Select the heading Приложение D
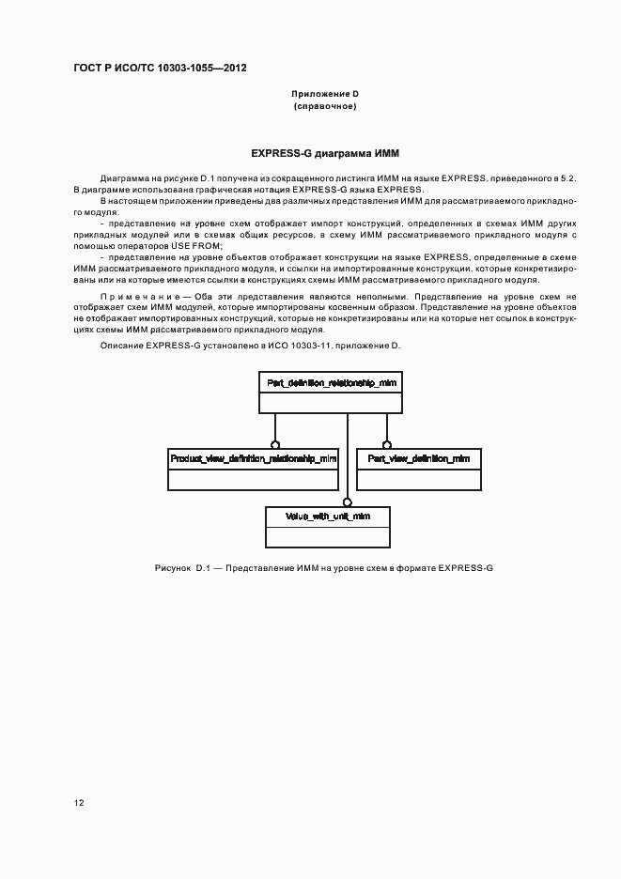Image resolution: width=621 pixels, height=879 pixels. [325, 94]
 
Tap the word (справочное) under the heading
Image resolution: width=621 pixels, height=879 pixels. [325, 106]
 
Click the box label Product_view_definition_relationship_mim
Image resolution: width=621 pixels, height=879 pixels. [253, 458]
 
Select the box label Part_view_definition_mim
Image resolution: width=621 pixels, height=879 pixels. [419, 458]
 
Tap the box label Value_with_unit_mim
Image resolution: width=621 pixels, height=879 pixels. [328, 517]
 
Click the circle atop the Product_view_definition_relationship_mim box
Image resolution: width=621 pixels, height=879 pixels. [274, 444]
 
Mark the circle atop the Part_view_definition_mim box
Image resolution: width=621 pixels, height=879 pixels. [386, 444]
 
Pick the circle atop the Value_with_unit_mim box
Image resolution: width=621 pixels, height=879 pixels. [347, 502]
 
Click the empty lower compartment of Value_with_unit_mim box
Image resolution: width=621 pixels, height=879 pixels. [328, 537]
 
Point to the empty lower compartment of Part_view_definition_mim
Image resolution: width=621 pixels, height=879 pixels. [419, 479]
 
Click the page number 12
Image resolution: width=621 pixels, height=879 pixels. [79, 803]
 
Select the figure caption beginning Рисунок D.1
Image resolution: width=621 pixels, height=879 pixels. [324, 568]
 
